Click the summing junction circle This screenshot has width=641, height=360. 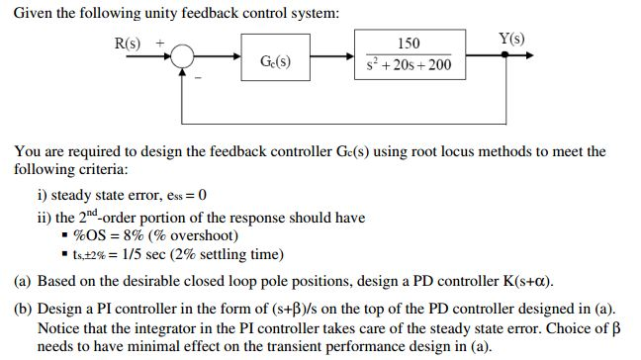[x=183, y=57]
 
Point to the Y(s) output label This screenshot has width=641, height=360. [x=511, y=40]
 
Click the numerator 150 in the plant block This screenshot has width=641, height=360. [x=408, y=45]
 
